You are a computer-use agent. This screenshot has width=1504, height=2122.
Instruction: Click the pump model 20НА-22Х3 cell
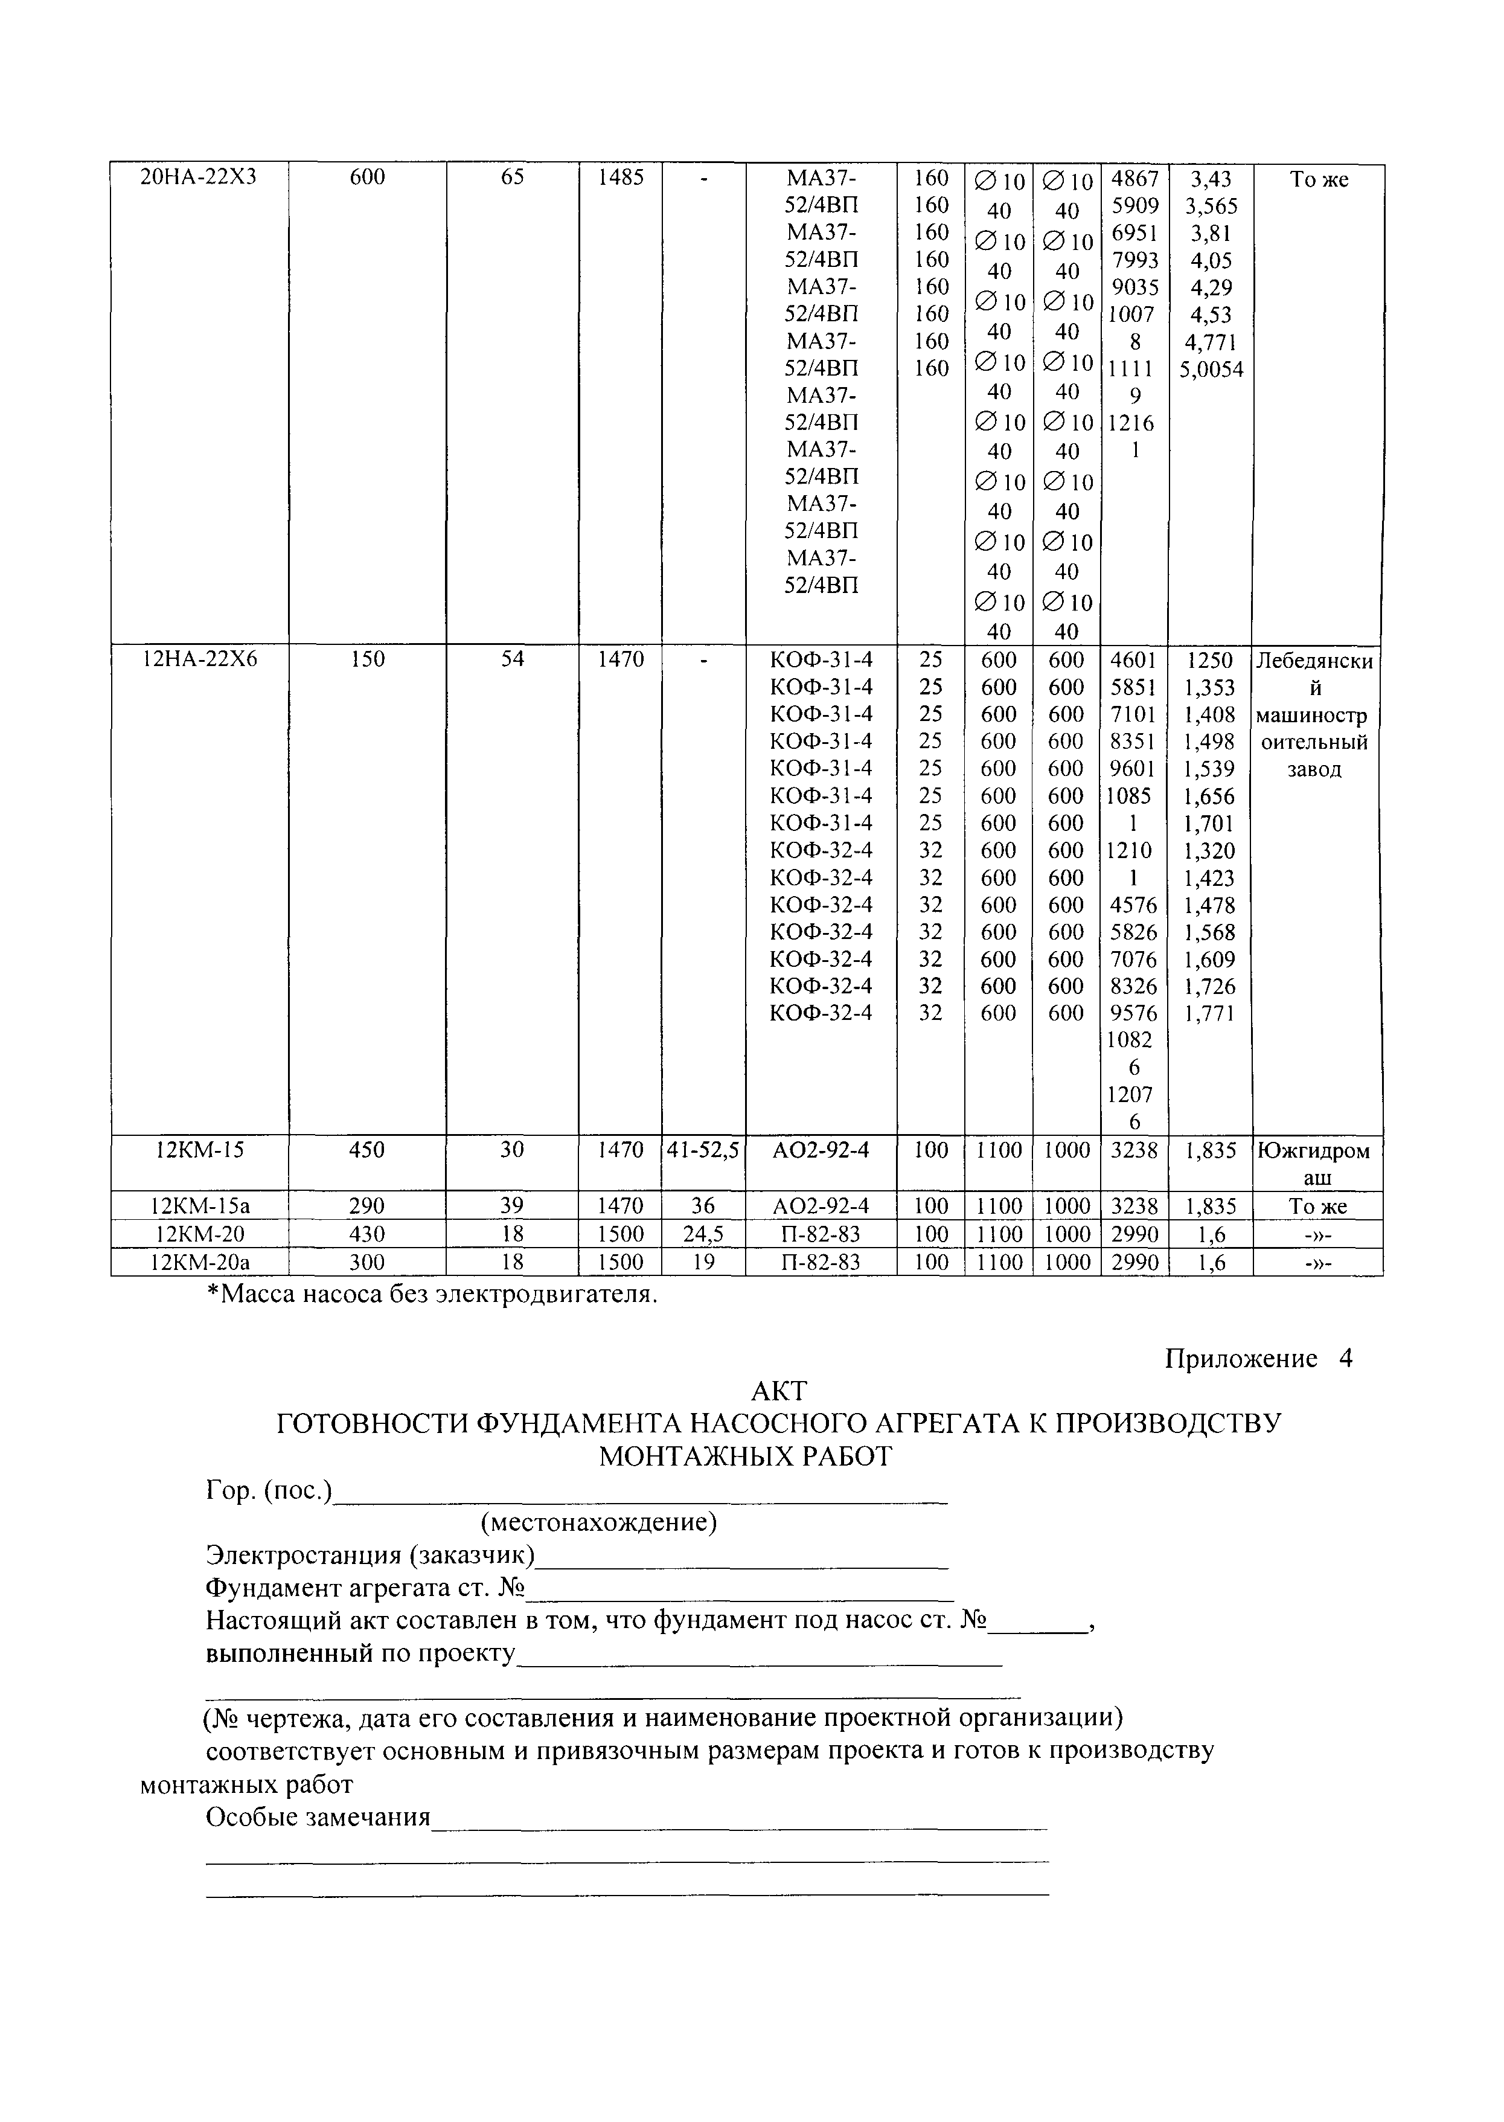pos(198,177)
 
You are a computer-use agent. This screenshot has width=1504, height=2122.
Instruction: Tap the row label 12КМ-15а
pos(198,1206)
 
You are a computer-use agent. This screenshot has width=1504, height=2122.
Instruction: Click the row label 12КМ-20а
pos(198,1261)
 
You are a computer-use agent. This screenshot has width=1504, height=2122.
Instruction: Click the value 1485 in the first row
pos(619,177)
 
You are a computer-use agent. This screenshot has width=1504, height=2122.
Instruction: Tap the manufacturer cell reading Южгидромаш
pos(1316,1163)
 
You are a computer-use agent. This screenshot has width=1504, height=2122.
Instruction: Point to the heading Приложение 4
pos(1258,1359)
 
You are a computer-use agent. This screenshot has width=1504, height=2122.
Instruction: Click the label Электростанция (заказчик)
pos(371,1554)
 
